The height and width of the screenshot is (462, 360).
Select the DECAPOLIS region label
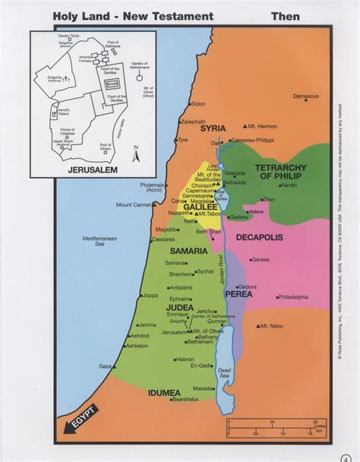point(259,238)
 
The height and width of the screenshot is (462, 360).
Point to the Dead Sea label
point(223,372)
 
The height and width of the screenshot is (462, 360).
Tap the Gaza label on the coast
point(105,365)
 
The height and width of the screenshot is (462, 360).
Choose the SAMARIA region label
point(168,250)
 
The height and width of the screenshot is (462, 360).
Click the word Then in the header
point(285,16)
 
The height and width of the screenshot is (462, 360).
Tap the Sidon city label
point(198,103)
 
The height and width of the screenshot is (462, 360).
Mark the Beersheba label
point(186,399)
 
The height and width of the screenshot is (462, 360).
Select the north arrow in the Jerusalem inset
point(135,153)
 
